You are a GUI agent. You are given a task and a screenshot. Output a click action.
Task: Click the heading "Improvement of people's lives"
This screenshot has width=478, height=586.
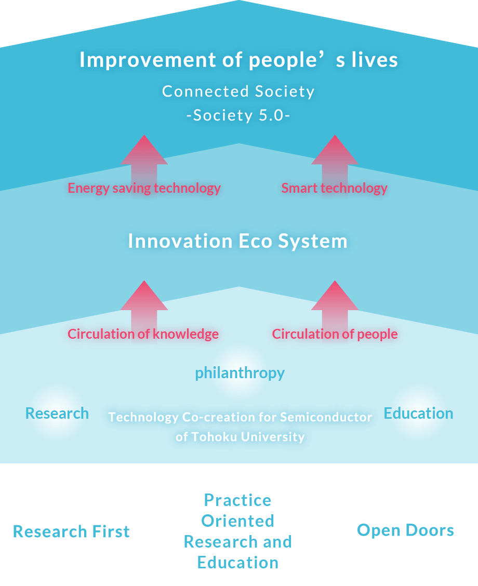tap(239, 60)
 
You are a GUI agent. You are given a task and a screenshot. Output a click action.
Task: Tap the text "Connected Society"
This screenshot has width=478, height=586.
tap(238, 91)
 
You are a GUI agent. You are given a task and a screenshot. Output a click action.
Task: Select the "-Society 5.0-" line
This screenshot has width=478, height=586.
tap(238, 115)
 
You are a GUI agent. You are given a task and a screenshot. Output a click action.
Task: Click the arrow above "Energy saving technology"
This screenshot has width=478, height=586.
tap(144, 159)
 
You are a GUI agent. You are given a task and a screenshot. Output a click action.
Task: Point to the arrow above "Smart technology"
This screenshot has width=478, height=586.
tap(335, 159)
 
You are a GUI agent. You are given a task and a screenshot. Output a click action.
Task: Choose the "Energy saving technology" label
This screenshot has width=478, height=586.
tap(144, 188)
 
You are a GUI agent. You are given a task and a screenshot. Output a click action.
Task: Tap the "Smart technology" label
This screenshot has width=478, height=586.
tap(335, 188)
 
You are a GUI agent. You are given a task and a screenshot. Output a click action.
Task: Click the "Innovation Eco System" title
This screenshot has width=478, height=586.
tap(237, 241)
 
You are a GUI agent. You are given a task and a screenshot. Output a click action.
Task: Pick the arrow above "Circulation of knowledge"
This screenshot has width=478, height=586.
tap(144, 304)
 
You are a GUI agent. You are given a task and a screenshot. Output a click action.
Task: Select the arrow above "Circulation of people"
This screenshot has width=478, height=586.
tap(335, 304)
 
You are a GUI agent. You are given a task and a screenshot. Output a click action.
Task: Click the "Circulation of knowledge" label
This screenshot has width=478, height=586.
tap(143, 334)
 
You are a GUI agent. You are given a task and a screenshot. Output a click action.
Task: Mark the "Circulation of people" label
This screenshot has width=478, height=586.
tap(335, 334)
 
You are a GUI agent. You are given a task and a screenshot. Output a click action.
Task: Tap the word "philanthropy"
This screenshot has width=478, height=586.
tap(240, 373)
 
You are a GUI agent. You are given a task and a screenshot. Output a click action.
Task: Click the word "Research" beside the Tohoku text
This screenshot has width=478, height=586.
tap(57, 414)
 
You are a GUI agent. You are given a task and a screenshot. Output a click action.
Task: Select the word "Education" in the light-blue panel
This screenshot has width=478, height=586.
tap(419, 414)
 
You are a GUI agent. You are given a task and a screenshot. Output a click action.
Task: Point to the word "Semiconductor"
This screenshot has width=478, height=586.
tap(326, 417)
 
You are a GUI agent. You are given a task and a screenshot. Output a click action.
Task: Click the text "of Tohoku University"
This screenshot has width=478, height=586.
tap(241, 436)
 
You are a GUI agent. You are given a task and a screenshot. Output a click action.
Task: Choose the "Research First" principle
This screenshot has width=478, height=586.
tap(71, 531)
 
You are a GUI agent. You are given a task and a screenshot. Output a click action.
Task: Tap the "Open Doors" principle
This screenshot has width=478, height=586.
tap(405, 530)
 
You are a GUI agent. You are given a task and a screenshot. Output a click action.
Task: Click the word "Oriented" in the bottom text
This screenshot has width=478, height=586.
tap(237, 521)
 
